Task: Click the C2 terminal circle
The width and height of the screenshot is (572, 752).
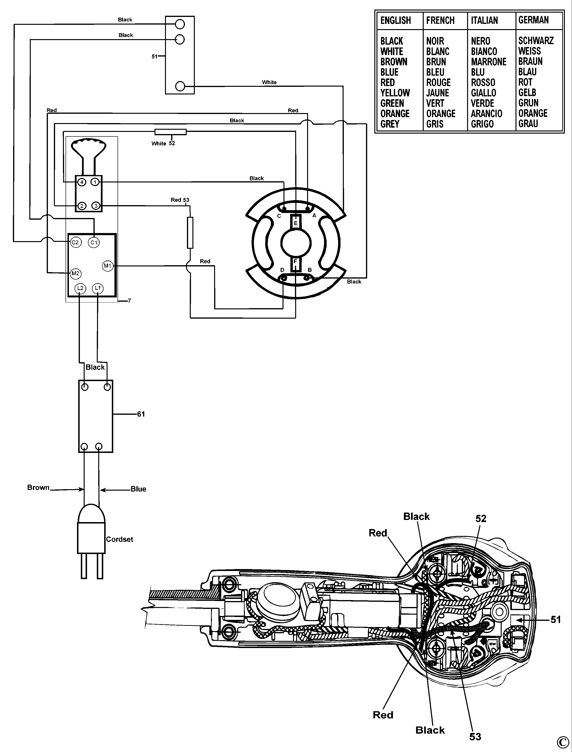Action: point(75,243)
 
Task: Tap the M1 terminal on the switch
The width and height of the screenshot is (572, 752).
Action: point(108,266)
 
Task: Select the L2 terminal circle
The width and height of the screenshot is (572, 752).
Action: point(80,288)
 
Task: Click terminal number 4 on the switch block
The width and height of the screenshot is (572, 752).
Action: point(82,182)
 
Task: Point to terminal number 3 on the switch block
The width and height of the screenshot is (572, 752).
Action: point(96,206)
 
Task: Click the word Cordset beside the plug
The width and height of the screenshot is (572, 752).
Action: point(119,539)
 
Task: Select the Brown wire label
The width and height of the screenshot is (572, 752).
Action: point(38,487)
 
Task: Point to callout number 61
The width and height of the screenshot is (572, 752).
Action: point(141,414)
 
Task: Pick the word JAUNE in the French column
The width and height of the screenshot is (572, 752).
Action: point(438,93)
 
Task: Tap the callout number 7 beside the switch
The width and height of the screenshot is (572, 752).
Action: point(129,301)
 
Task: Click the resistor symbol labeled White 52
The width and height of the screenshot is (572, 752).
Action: point(170,132)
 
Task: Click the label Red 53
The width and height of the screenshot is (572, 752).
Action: point(180,200)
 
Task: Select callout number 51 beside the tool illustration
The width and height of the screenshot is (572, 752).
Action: point(556,620)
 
